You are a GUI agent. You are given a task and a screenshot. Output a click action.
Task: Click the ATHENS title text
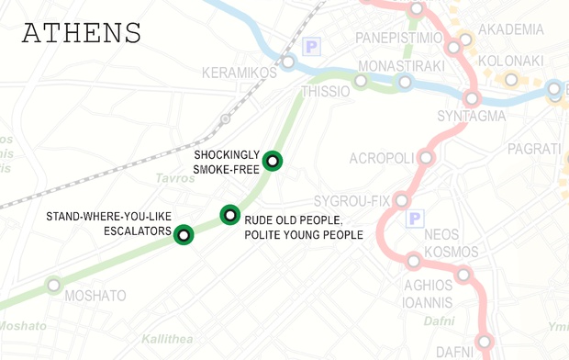point(82,33)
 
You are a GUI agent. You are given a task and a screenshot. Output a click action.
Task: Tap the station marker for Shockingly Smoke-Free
point(272,162)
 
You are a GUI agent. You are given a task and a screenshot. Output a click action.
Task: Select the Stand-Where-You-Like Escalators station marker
point(184,235)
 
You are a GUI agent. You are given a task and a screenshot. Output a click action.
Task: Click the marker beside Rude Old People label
point(229,216)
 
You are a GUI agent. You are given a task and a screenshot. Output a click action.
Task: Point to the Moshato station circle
point(54,286)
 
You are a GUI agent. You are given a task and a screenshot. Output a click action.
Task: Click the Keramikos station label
point(239,72)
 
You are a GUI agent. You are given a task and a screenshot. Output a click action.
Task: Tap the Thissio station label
point(326,92)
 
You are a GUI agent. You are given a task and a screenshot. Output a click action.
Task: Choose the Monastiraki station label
point(401,66)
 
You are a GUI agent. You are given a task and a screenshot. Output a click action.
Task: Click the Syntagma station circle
point(473,98)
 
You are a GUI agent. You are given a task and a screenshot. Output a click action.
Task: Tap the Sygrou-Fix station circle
point(401,201)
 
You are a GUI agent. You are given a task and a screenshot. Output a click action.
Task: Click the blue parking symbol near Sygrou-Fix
point(414,219)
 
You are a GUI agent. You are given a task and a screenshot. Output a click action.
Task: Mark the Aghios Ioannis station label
point(428,293)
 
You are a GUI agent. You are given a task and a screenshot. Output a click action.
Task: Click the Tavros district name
point(175,178)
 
